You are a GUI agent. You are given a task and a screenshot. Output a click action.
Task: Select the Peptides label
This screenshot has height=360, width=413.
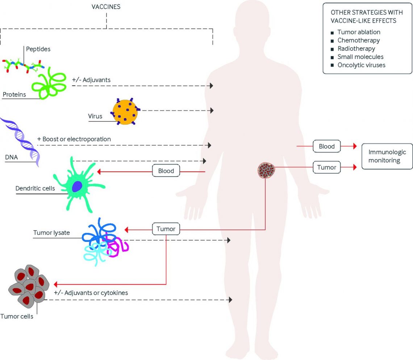point(38,49)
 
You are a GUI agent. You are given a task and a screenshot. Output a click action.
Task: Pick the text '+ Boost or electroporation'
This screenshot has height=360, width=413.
point(74,139)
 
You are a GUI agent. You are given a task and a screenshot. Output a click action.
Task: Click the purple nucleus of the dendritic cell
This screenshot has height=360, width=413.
point(77,186)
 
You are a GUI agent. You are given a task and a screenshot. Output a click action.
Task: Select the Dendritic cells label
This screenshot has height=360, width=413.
point(35,189)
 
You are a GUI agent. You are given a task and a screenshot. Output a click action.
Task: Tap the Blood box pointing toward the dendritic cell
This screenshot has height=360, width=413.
point(166,171)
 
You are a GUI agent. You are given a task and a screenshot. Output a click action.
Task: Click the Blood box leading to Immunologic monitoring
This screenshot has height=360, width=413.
point(327,146)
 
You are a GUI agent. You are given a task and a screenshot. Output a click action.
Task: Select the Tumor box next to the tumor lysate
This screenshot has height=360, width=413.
point(166,229)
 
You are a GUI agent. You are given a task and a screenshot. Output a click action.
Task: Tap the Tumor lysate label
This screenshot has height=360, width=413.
point(51,232)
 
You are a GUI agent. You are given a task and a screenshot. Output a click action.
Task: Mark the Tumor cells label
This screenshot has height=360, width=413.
point(17,316)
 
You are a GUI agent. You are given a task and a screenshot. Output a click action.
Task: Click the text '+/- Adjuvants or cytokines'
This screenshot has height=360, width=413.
point(91,293)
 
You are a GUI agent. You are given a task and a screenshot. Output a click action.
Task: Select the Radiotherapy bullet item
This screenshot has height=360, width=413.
point(356,48)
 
